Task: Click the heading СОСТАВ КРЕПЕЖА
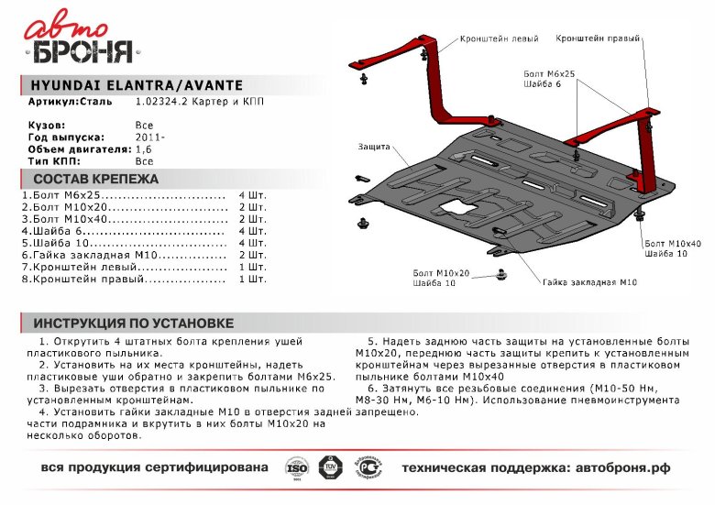point(95,179)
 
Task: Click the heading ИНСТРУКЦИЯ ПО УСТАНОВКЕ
point(134,324)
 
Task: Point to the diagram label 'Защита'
point(375,147)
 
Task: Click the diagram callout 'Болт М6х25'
point(549,72)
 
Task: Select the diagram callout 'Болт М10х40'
point(666,243)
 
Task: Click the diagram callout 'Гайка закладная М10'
point(588,282)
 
